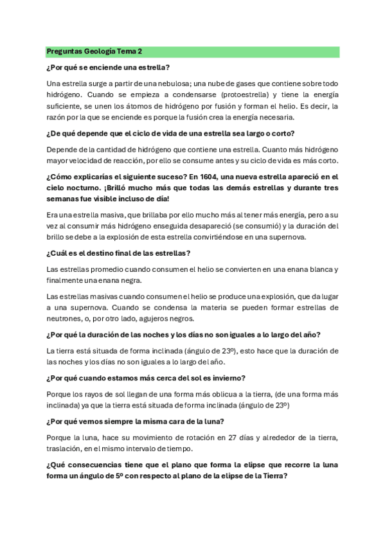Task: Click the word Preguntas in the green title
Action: [x=64, y=51]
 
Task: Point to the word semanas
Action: [x=63, y=199]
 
